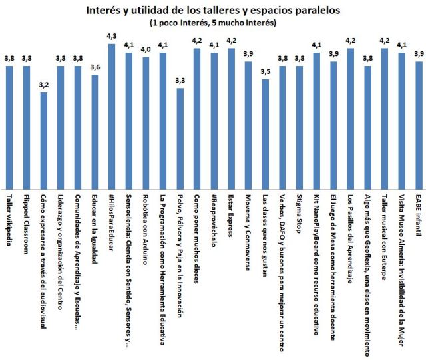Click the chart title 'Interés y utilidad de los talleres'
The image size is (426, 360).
pos(213,9)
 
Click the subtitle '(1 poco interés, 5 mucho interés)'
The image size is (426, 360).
pos(213,22)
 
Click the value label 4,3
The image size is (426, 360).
pos(112,36)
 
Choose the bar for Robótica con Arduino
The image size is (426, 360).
pos(146,122)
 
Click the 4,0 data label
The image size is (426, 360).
pos(146,49)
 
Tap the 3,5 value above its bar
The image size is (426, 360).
pos(265,71)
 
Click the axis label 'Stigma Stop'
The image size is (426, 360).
pos(300,214)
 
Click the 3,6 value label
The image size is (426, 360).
pos(95,67)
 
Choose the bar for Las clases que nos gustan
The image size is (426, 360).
pos(265,134)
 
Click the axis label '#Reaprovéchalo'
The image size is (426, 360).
pos(214,220)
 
